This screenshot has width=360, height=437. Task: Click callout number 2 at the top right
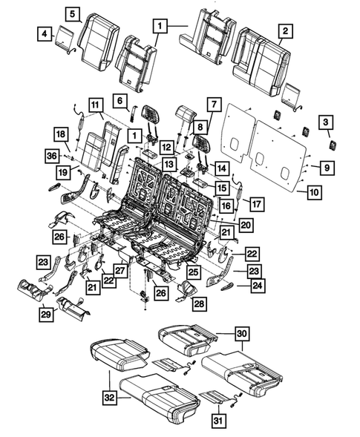284,31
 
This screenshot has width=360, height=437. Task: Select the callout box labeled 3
325,122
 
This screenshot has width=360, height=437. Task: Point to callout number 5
72,13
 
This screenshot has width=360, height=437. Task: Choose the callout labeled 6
119,99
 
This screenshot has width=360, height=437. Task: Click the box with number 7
213,104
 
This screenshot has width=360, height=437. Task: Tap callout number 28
199,303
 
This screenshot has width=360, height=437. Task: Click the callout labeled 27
119,270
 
